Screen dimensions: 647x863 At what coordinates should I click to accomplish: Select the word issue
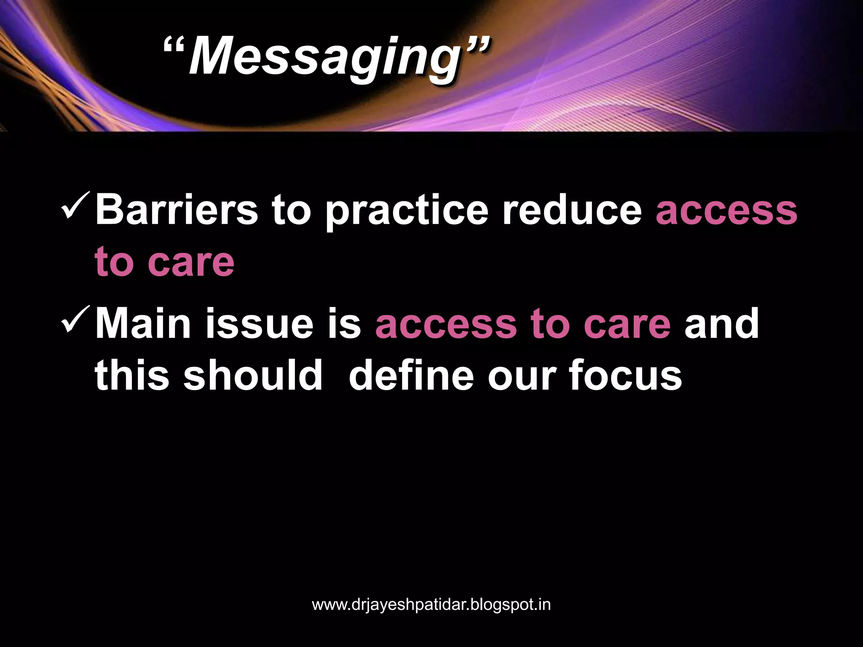pos(259,323)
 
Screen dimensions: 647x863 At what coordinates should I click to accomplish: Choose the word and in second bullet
pos(721,323)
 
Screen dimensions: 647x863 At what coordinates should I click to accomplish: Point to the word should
pos(253,375)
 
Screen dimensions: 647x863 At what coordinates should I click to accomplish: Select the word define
pos(411,375)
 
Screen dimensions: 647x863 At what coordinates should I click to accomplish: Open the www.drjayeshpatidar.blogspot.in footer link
pos(431,605)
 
